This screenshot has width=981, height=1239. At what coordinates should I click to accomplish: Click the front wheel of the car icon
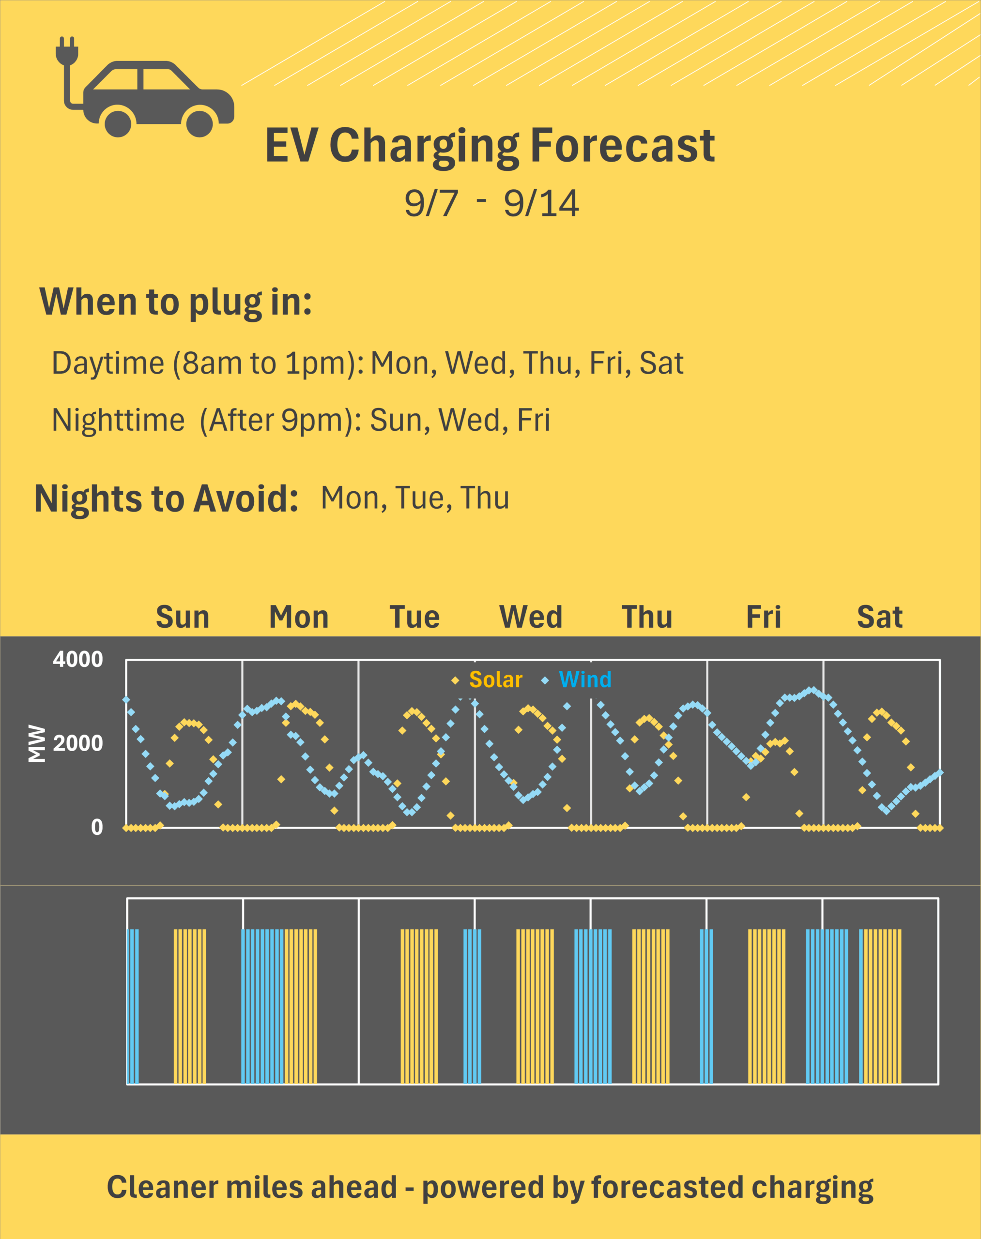pos(199,123)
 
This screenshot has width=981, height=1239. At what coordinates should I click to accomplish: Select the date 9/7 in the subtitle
pos(431,203)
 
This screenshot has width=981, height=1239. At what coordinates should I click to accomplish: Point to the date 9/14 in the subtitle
pos(541,203)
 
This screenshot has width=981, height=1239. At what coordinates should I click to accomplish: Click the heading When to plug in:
pos(176,302)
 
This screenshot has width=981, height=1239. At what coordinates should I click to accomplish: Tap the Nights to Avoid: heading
pos(167,499)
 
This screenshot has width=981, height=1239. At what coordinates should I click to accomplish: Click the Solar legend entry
pos(495,680)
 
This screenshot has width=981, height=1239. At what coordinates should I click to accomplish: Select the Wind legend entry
pos(585,680)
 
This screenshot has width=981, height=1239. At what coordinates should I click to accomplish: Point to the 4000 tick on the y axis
pos(78,659)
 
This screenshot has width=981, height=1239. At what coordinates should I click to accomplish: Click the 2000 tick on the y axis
pos(78,743)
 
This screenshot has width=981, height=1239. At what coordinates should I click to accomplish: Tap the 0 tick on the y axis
pos(97,827)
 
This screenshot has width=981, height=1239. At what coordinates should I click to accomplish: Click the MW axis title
pos(37,743)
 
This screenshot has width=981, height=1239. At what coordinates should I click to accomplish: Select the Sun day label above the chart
pos(183,617)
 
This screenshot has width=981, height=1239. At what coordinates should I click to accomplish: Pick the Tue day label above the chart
pos(414,617)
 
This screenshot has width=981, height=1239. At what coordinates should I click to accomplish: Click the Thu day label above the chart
pos(647,617)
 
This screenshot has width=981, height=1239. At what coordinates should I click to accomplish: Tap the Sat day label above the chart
pos(879,617)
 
